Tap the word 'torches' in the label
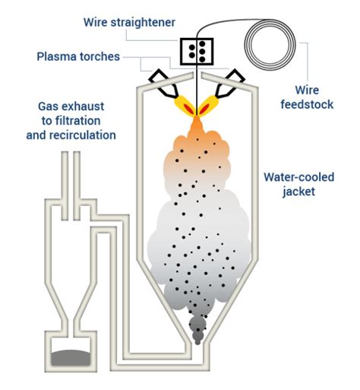click(x=103, y=56)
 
